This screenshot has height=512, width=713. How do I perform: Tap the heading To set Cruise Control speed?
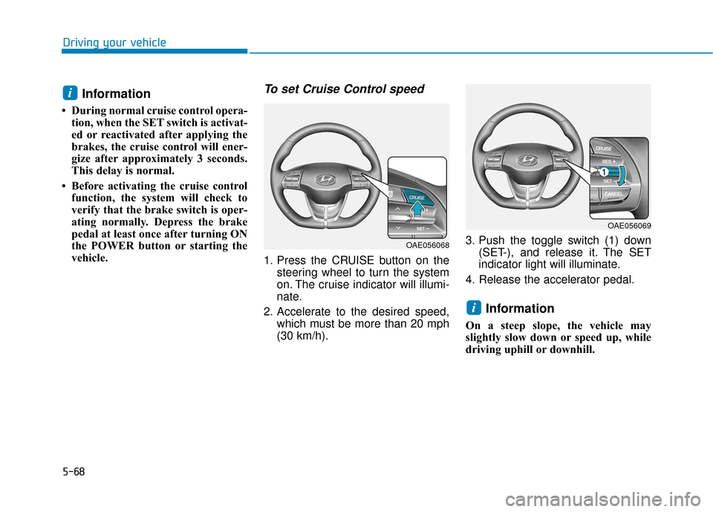tap(344, 89)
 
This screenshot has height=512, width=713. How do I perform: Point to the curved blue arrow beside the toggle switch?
tap(622, 176)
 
